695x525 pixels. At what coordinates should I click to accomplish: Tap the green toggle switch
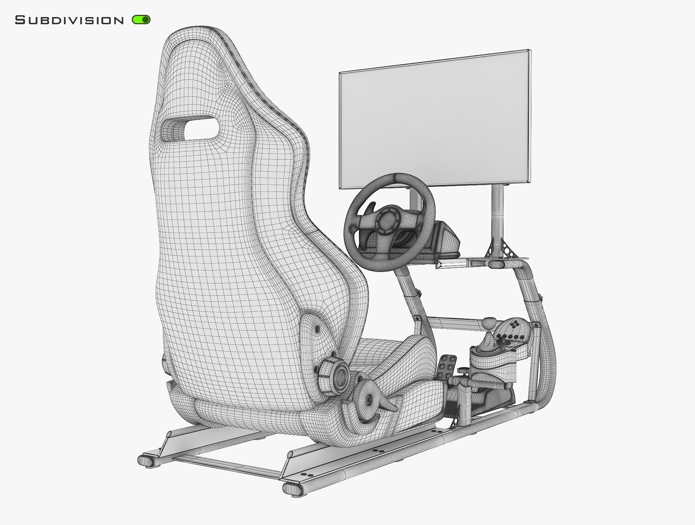coord(141,20)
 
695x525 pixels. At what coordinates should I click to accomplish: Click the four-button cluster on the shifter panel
coord(514,324)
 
